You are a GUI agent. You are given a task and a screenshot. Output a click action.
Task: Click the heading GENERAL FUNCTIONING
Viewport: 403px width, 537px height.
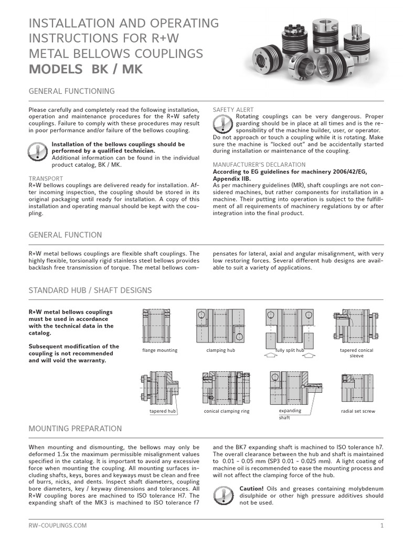coord(71,91)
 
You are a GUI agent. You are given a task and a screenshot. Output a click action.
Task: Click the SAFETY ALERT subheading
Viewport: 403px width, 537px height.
coord(233,110)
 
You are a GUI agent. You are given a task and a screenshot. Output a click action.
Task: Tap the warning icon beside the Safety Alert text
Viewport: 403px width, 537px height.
coord(224,124)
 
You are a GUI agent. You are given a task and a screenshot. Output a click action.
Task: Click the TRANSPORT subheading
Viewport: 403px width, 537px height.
coord(46,179)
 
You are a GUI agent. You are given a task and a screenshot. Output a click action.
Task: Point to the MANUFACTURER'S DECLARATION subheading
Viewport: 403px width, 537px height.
coord(259,165)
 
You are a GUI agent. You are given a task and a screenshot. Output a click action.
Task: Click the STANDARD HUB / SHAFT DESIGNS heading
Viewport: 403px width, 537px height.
coord(90,290)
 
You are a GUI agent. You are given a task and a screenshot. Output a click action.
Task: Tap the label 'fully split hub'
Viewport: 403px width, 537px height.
coord(290,350)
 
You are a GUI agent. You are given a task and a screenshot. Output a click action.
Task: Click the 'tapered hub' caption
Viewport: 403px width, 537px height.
coord(162,412)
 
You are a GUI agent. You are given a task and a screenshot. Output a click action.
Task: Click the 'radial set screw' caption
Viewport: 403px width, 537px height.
coord(358,412)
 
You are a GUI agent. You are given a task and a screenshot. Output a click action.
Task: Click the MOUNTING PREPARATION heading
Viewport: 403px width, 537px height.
coord(75,428)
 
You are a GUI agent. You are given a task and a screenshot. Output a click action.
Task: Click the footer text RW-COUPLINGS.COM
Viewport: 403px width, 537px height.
coord(58,525)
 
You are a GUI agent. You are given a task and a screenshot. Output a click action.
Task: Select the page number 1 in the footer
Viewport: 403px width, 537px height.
coord(383,525)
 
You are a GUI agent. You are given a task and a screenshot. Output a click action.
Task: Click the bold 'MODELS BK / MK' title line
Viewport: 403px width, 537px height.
coord(86,69)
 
